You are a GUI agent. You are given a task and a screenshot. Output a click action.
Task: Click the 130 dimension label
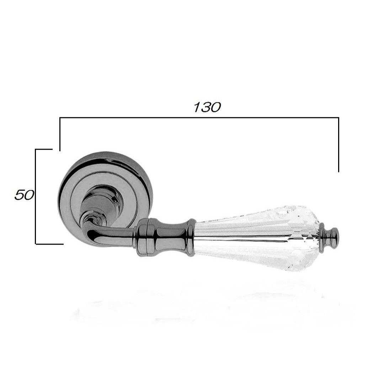(x=207, y=107)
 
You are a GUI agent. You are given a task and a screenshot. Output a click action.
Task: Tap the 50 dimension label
(x=24, y=195)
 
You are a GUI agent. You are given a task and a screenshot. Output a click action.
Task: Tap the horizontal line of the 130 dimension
(x=199, y=118)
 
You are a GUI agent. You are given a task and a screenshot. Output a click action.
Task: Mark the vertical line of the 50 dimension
(x=36, y=196)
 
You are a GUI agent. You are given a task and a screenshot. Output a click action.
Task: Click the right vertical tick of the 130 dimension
(x=338, y=145)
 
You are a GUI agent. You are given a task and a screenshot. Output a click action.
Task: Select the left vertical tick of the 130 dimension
(x=60, y=134)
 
